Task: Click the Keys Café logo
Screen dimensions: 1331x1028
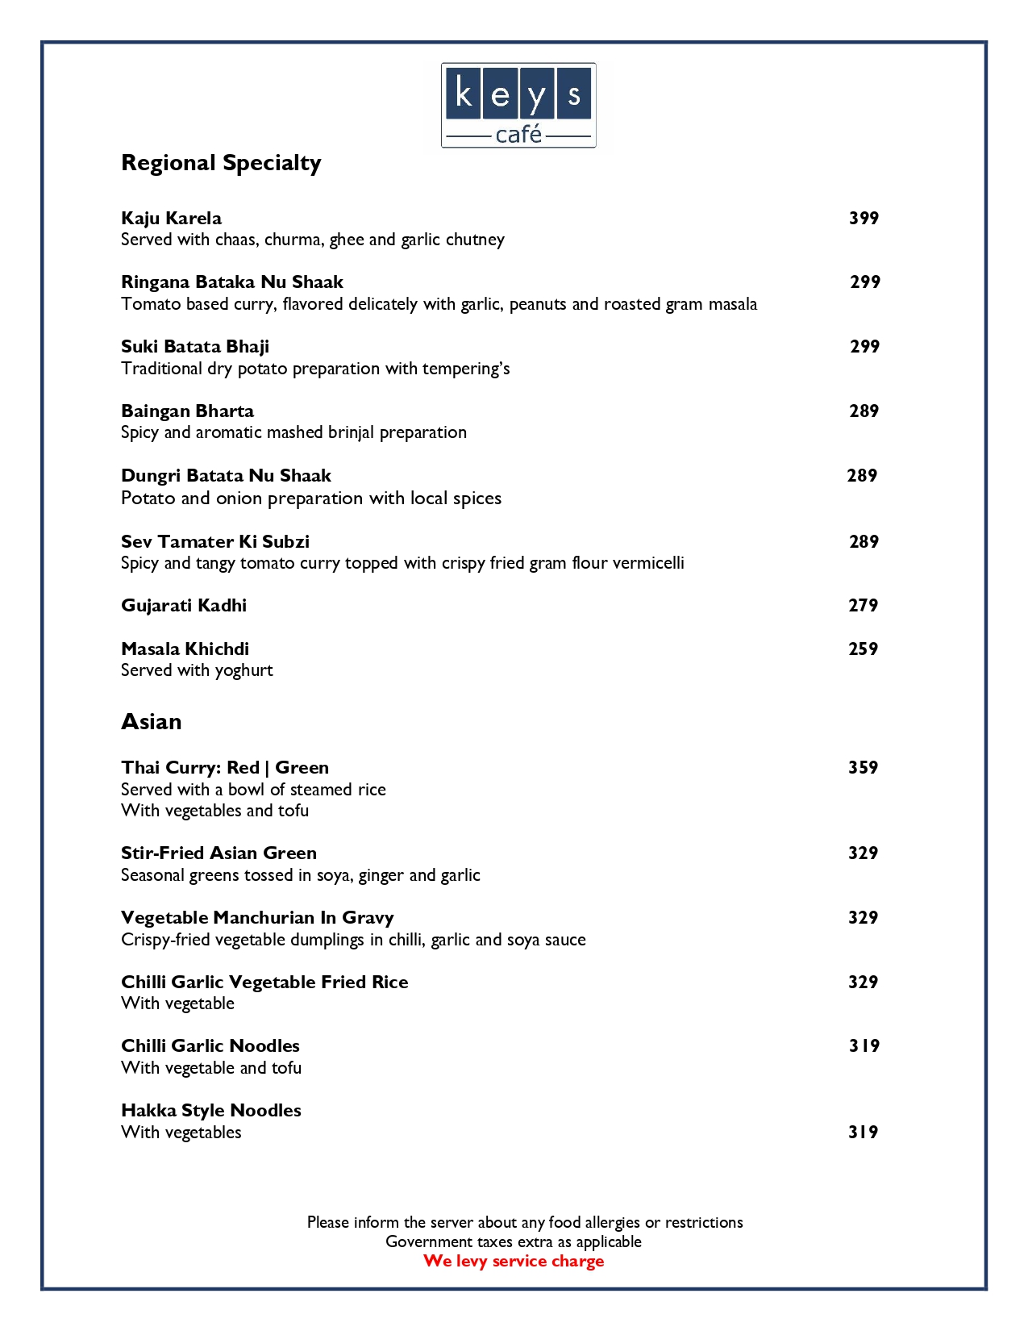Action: [x=518, y=105]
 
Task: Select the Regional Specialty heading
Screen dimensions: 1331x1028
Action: [x=221, y=163]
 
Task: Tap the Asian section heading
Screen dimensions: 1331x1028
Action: [x=151, y=721]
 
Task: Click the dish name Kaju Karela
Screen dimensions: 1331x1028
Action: [x=171, y=218]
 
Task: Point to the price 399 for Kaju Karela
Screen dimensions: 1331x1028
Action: [x=864, y=218]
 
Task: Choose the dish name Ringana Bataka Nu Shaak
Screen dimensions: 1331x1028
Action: [x=232, y=282]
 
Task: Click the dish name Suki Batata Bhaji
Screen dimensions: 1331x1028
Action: [x=195, y=347]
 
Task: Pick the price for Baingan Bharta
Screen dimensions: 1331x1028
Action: [x=864, y=411]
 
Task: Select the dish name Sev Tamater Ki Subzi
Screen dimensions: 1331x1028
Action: [x=215, y=541]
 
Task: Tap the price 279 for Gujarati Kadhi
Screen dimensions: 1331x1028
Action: [x=863, y=606]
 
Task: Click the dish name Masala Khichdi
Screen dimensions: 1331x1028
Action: [x=185, y=649]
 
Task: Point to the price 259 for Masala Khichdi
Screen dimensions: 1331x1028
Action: [x=863, y=649]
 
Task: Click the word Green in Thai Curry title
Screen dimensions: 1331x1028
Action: [x=302, y=768]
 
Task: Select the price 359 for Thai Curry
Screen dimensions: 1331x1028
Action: [x=863, y=768]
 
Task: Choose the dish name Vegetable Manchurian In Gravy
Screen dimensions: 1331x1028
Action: [x=257, y=918]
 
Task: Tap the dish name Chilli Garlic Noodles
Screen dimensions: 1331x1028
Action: [x=210, y=1046]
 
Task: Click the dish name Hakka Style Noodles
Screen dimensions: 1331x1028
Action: [x=211, y=1111]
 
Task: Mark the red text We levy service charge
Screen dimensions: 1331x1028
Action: [x=514, y=1261]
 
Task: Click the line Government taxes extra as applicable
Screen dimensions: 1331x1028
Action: [x=514, y=1241]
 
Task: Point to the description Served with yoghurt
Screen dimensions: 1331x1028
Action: [x=197, y=670]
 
